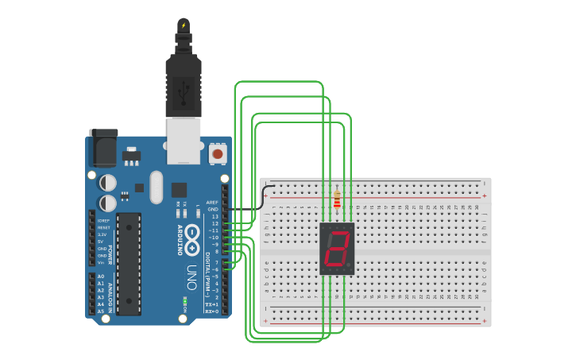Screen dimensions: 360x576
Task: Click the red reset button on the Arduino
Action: (217, 153)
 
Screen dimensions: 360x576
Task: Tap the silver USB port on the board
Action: (184, 141)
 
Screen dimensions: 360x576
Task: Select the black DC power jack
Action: (102, 147)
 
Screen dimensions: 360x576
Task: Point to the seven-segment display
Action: (337, 249)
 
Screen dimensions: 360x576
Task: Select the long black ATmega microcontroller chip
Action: (129, 263)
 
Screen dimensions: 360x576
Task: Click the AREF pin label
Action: (212, 202)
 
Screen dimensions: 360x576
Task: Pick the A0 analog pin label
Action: (100, 276)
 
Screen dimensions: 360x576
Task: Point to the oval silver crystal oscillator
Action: (156, 187)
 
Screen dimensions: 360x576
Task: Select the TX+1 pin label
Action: (212, 304)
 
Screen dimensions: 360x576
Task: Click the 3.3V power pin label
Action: (102, 234)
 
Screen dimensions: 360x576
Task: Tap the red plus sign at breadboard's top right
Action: (485, 195)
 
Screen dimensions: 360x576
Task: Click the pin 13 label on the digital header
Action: (215, 216)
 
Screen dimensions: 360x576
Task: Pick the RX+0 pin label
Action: (212, 312)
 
